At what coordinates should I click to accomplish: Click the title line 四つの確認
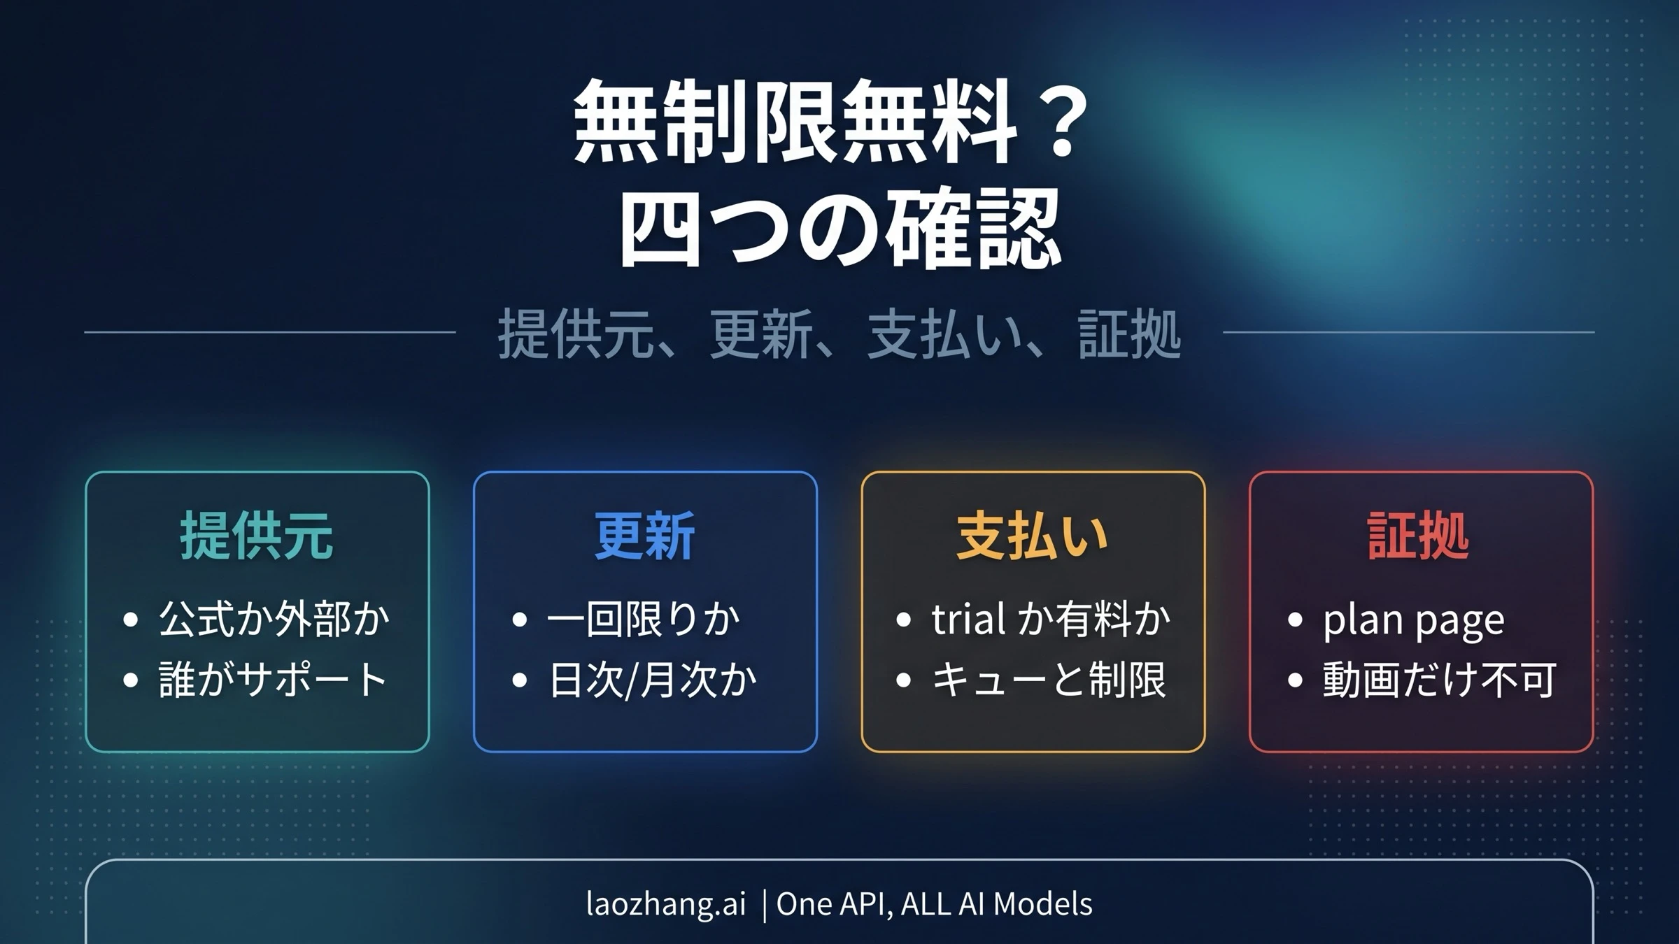[839, 231]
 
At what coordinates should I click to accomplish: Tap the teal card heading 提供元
[257, 536]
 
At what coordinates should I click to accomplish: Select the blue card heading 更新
[644, 536]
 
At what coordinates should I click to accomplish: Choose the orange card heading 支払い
[1032, 536]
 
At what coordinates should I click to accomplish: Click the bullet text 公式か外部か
[274, 619]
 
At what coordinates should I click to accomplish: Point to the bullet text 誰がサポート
[273, 679]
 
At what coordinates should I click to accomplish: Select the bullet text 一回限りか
[643, 619]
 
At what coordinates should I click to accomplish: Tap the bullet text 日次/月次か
[652, 679]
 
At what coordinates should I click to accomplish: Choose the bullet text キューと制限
[1049, 679]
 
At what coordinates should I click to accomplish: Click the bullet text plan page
[1413, 620]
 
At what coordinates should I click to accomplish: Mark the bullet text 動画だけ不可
[1439, 679]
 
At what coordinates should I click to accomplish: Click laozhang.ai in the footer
[665, 903]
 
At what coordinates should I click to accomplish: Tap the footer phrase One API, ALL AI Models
[934, 903]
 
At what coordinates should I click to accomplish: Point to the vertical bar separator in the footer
[764, 905]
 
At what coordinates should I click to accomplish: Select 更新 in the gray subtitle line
[761, 334]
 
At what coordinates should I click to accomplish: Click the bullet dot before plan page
[1295, 620]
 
